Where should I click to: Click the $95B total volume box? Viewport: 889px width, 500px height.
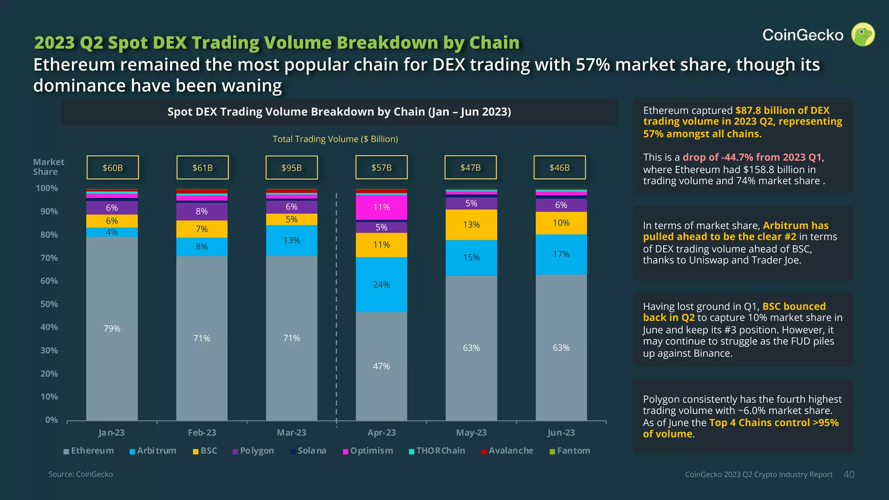click(291, 168)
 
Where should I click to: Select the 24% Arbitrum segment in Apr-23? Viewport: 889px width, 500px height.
click(381, 285)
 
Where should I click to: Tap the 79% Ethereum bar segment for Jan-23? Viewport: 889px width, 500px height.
click(112, 329)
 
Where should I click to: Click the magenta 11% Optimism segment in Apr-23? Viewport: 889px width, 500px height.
click(381, 207)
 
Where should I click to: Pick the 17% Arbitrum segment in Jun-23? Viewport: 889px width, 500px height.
click(561, 254)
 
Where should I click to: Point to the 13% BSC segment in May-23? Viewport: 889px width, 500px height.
click(471, 225)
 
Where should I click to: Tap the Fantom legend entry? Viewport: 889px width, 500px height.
click(570, 451)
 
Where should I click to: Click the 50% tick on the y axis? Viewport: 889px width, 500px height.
click(49, 304)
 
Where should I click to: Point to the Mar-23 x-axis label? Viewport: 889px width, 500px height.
click(291, 433)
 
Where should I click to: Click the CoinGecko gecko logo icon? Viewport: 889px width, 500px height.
click(863, 35)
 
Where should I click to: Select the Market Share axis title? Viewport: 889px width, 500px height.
click(48, 167)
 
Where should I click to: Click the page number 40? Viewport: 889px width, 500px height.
click(849, 474)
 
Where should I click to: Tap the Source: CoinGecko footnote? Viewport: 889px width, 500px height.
click(80, 474)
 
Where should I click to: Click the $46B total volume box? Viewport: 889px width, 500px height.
click(559, 168)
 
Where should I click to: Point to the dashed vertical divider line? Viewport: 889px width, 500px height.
click(336, 304)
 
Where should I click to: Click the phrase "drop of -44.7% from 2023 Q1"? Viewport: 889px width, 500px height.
click(752, 157)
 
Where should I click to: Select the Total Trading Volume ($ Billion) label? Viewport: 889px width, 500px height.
click(335, 139)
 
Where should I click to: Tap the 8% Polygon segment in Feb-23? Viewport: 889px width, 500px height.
click(201, 211)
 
